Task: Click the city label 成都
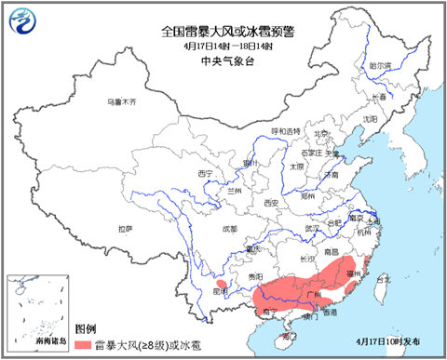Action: point(229,228)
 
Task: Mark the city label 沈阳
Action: point(371,119)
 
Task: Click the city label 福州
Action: point(352,274)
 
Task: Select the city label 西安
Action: point(270,202)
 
